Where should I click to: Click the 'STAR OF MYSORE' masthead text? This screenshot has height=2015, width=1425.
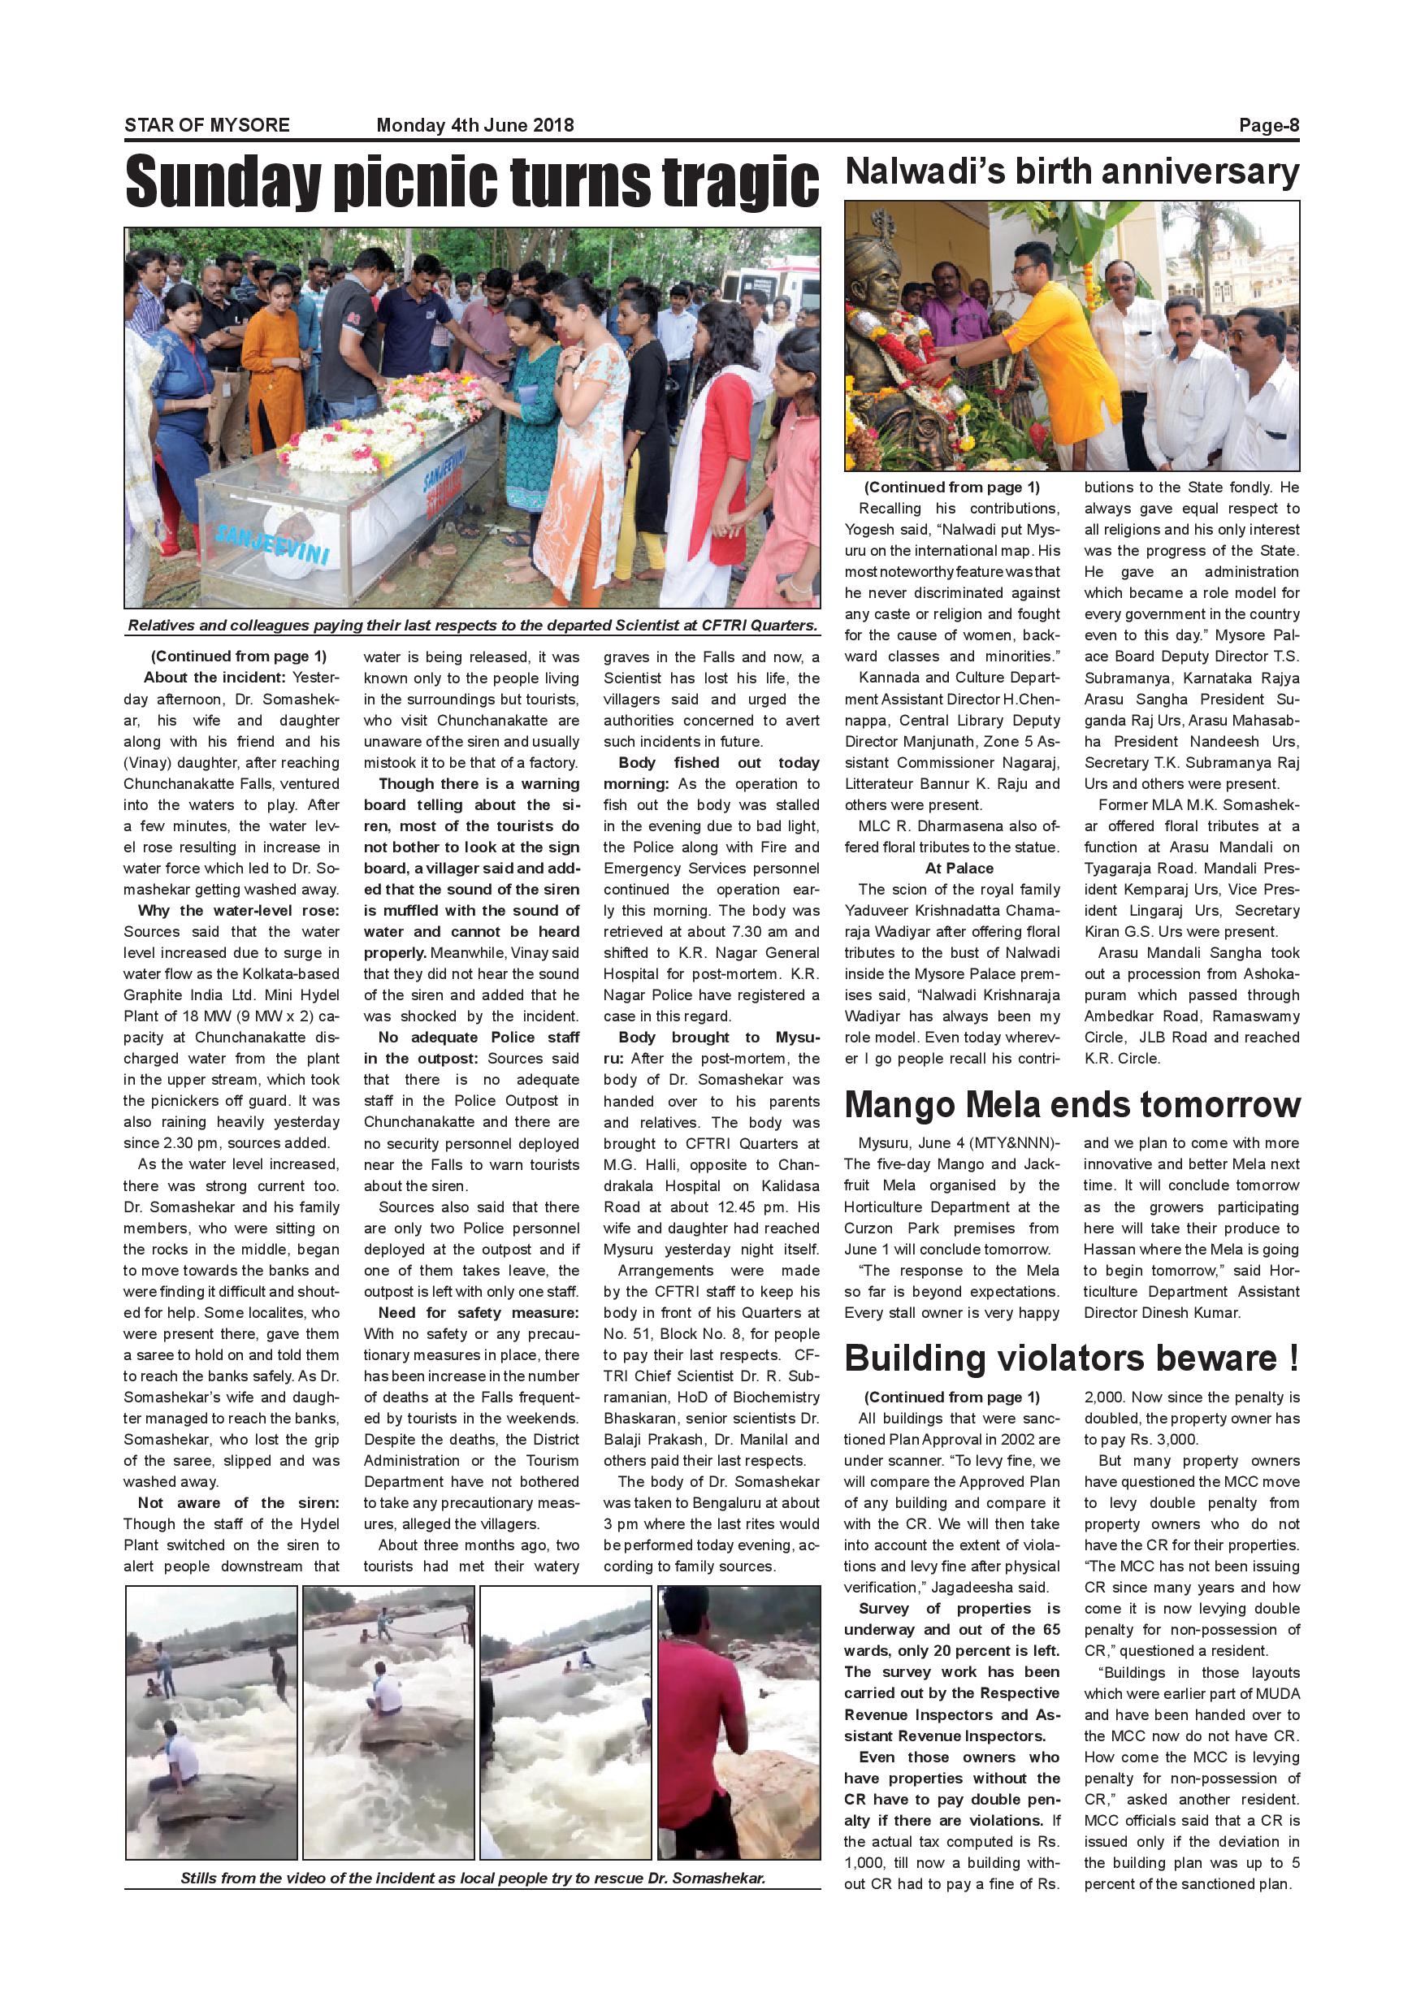pos(206,124)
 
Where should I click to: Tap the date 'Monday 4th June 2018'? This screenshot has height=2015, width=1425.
pos(474,124)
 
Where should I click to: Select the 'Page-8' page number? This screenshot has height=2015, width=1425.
pos(1268,124)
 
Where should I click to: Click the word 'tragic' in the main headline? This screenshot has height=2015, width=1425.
pos(738,183)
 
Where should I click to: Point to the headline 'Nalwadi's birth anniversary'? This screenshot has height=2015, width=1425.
pos(1071,172)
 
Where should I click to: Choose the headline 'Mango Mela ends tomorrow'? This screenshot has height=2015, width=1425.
pos(1072,1106)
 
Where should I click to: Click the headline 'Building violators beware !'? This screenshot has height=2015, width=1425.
pos(1071,1358)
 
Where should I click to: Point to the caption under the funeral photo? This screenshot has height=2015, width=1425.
pos(472,626)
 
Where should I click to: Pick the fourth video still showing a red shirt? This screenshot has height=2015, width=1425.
pos(738,1722)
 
